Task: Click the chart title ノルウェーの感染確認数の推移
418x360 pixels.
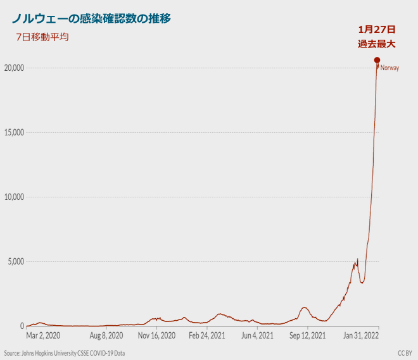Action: pyautogui.click(x=91, y=18)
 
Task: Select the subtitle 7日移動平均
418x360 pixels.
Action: pyautogui.click(x=42, y=37)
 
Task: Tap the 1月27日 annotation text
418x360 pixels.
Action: pyautogui.click(x=377, y=29)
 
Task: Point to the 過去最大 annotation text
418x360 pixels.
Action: pyautogui.click(x=377, y=44)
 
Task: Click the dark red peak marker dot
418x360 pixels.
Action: pyautogui.click(x=377, y=60)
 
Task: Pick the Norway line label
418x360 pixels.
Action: pyautogui.click(x=389, y=68)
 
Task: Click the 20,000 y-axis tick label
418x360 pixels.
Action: pyautogui.click(x=13, y=68)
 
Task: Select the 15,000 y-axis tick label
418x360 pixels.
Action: pyautogui.click(x=13, y=132)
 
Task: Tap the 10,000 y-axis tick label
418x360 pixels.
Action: pyautogui.click(x=13, y=197)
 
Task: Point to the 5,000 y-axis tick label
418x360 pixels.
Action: pyautogui.click(x=15, y=261)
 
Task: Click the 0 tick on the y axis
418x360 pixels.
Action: pyautogui.click(x=22, y=326)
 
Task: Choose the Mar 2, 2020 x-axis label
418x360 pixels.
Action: pyautogui.click(x=44, y=335)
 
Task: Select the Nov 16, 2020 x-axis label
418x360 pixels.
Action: pyautogui.click(x=156, y=335)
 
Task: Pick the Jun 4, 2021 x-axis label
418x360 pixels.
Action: pyautogui.click(x=258, y=335)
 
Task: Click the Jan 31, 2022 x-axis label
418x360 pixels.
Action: pyautogui.click(x=361, y=335)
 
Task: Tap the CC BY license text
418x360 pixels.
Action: pyautogui.click(x=405, y=353)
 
